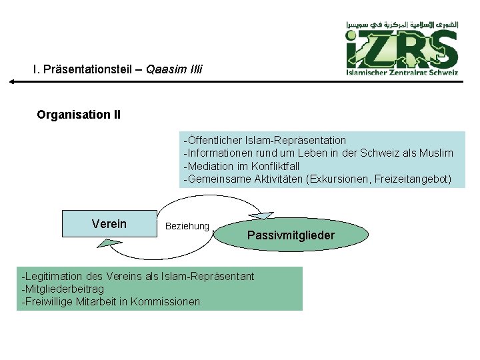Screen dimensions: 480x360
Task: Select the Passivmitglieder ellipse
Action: [x=291, y=235]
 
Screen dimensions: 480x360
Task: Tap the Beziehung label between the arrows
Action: [x=187, y=227]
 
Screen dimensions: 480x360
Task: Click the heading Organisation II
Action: [x=79, y=115]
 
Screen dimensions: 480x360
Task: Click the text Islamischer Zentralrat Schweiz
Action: [x=402, y=73]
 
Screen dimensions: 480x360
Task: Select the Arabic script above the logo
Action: [x=402, y=25]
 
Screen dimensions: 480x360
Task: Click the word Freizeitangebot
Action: [x=413, y=179]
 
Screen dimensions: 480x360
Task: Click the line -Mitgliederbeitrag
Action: [x=63, y=289]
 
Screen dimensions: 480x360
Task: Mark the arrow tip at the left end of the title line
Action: [x=11, y=82]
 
